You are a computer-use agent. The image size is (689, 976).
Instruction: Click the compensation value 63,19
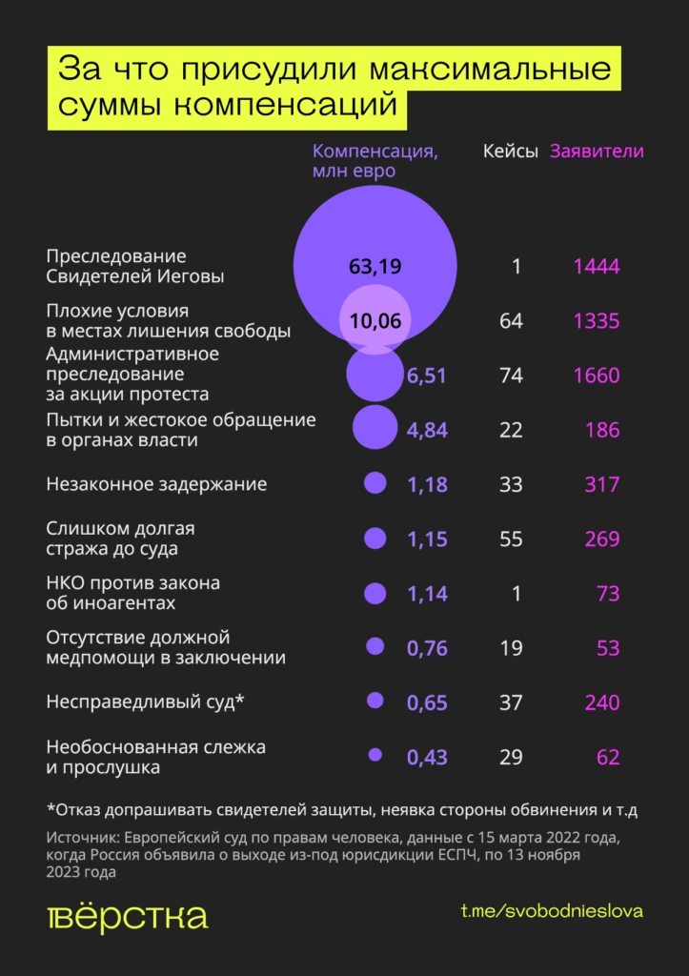(x=375, y=266)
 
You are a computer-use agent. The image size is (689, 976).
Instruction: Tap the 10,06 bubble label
(x=375, y=320)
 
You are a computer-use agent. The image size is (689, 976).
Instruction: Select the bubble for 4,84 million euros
(x=375, y=427)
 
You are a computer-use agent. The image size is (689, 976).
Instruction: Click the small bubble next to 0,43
(x=375, y=755)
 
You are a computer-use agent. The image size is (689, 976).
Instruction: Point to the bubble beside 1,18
(x=375, y=483)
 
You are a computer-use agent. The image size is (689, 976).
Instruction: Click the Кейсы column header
(x=510, y=152)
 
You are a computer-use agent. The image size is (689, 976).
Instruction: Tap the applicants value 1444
(x=597, y=266)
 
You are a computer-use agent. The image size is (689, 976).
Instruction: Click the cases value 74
(x=511, y=376)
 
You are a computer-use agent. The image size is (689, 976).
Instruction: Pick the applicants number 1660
(x=597, y=376)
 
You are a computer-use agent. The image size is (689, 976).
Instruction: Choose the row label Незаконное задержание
(x=156, y=484)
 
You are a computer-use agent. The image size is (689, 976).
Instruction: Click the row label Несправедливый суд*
(x=146, y=702)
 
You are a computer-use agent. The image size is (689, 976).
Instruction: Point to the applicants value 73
(x=607, y=594)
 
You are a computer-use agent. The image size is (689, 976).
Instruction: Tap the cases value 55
(x=511, y=539)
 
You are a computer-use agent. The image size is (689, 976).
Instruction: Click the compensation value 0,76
(x=427, y=648)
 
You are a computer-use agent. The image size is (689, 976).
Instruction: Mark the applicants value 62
(x=607, y=758)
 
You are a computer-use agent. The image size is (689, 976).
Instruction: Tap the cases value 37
(x=511, y=702)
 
